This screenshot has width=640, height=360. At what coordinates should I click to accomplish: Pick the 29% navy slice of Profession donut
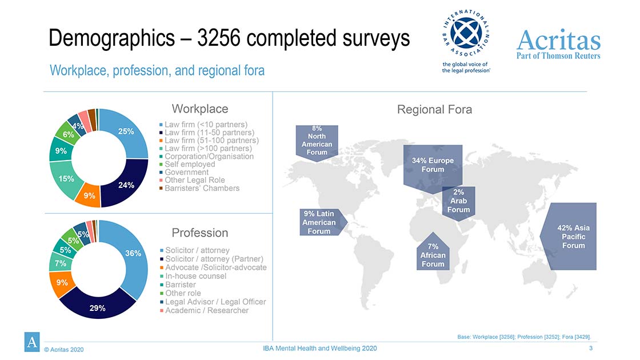pyautogui.click(x=97, y=307)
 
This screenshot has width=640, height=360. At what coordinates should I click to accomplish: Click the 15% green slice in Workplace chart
pyautogui.click(x=65, y=179)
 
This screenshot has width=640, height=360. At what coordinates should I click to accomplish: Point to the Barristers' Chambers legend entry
pyautogui.click(x=199, y=188)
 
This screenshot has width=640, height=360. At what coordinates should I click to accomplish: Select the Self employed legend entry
pyautogui.click(x=187, y=164)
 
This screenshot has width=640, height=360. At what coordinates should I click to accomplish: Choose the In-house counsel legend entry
pyautogui.click(x=193, y=276)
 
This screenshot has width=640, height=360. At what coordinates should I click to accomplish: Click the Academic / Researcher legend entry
pyautogui.click(x=204, y=310)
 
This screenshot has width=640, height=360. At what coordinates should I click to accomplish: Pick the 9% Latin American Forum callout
pyautogui.click(x=321, y=222)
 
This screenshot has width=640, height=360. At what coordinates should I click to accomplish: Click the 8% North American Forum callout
pyautogui.click(x=317, y=142)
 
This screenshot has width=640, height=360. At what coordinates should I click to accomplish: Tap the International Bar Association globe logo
pyautogui.click(x=466, y=33)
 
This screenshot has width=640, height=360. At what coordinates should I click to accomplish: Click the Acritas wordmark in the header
pyautogui.click(x=558, y=40)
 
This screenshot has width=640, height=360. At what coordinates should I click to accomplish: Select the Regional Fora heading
pyautogui.click(x=434, y=109)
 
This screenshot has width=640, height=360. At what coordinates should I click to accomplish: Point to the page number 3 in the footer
pyautogui.click(x=591, y=348)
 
